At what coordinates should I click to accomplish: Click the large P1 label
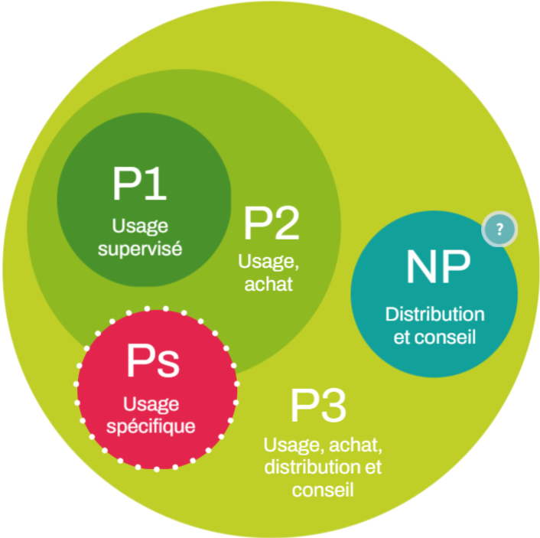pyautogui.click(x=141, y=184)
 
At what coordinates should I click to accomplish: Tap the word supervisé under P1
pyautogui.click(x=141, y=249)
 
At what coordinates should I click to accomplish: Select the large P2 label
pyautogui.click(x=272, y=223)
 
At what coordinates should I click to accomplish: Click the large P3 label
pyautogui.click(x=318, y=406)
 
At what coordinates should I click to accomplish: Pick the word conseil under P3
pyautogui.click(x=323, y=488)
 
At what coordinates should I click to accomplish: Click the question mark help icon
pyautogui.click(x=500, y=229)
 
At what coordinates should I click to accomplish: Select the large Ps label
pyautogui.click(x=153, y=361)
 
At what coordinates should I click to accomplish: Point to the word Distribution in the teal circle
pyautogui.click(x=434, y=315)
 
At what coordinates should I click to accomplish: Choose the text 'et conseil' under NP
pyautogui.click(x=434, y=336)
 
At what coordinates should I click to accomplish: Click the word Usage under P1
pyautogui.click(x=140, y=227)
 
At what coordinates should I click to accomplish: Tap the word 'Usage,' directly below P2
pyautogui.click(x=269, y=262)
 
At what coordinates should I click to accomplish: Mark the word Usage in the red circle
pyautogui.click(x=156, y=403)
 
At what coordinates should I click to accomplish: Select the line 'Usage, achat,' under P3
pyautogui.click(x=323, y=445)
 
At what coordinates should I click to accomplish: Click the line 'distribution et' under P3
pyautogui.click(x=323, y=467)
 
